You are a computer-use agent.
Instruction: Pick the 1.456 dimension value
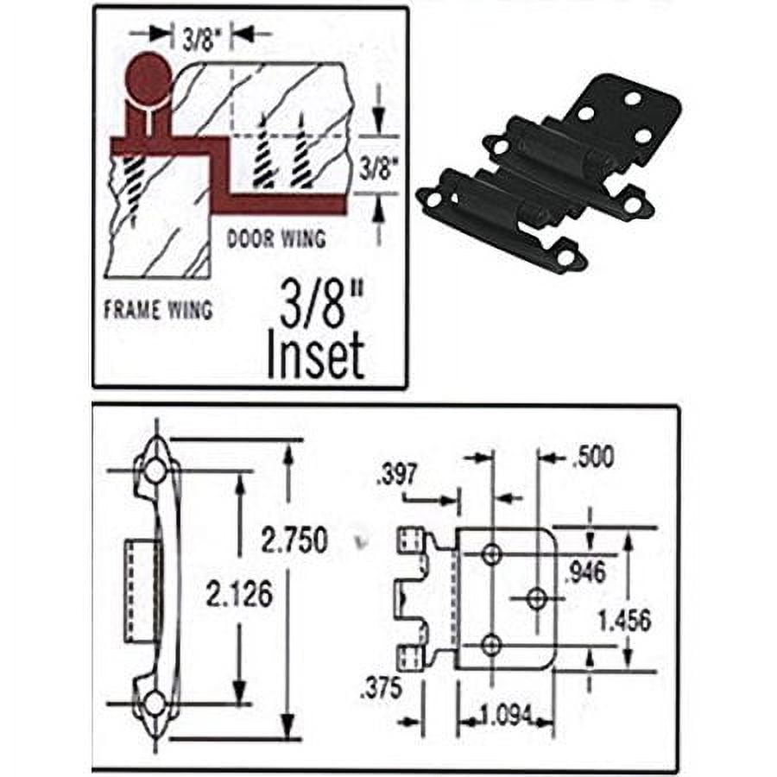click(624, 619)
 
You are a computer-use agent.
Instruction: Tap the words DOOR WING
click(276, 239)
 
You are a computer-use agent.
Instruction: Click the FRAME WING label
click(158, 309)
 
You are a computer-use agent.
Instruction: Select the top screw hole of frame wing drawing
click(155, 471)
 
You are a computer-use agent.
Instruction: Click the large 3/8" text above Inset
click(317, 305)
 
